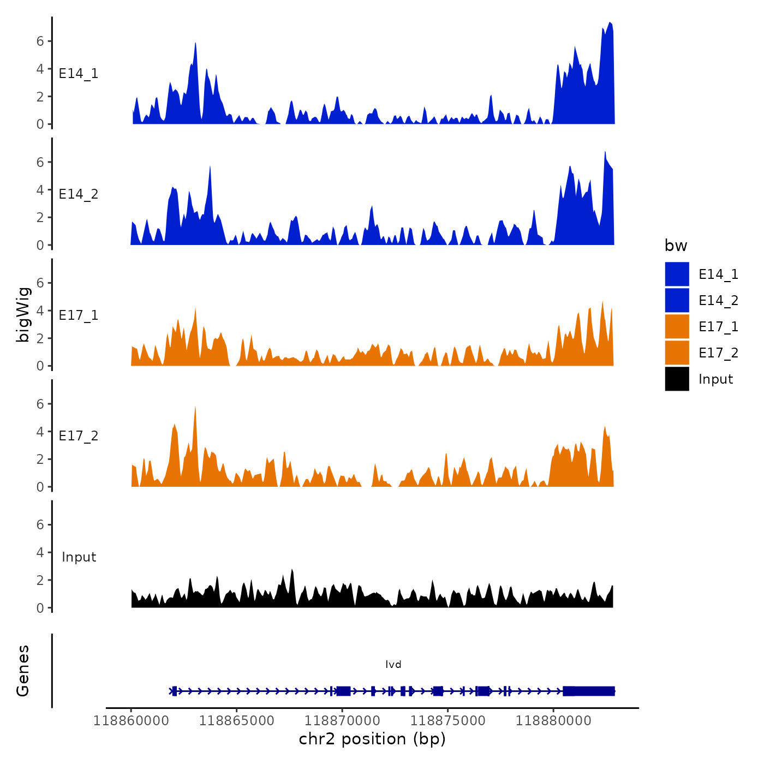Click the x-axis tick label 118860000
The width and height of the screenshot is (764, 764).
pos(131,721)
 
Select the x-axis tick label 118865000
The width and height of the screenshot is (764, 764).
pos(237,721)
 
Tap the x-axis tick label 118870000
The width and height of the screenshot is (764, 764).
pos(342,721)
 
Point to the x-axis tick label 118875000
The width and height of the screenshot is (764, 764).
pos(448,721)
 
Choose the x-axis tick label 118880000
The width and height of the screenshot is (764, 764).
pos(553,721)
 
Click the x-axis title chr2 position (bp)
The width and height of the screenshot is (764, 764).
pos(372,739)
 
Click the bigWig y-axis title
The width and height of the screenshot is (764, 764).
pos(23,314)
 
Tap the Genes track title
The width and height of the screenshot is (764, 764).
pos(23,671)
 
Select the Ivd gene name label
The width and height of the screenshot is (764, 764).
pos(393,664)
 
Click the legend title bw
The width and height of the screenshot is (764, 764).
pos(676,246)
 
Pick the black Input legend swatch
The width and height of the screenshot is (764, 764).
pos(677,379)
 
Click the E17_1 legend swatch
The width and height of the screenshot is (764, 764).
pos(677,326)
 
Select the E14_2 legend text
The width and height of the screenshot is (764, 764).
pos(718,300)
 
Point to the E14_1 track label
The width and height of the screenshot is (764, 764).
pos(79,73)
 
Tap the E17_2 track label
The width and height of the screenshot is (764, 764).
pos(79,435)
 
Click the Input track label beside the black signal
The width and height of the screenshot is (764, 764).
pos(79,557)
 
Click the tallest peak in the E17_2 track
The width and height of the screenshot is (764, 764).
pos(195,408)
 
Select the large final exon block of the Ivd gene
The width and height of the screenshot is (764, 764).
pos(589,691)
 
